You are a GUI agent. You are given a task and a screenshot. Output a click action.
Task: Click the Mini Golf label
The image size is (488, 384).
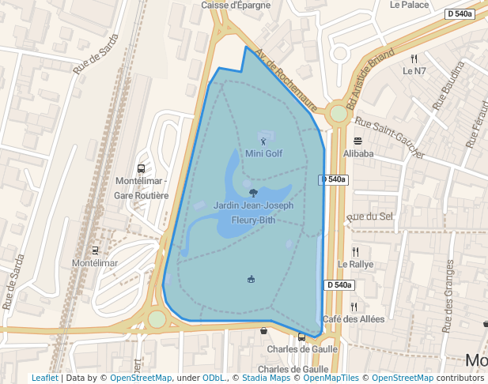pos(263,153)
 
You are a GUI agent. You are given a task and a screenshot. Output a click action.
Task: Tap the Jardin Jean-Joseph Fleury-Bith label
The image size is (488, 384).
pos(253,213)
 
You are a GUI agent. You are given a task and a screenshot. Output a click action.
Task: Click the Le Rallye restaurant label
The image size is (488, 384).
pos(355,264)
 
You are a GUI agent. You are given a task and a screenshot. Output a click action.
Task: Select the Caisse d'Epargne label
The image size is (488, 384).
pos(236,5)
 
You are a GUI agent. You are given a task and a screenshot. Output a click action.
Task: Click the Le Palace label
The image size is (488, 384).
pos(409,5)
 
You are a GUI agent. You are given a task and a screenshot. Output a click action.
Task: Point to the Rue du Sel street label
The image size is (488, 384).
pos(369,216)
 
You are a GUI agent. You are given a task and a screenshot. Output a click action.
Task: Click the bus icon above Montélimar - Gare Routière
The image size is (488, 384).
pos(141,168)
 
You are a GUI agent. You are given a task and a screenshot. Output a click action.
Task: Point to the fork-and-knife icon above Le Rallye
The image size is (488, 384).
pos(355,252)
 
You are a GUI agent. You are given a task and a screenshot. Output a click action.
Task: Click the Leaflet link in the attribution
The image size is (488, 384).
pos(44,378)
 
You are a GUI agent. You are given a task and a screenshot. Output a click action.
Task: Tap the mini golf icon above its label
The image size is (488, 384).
pos(263,141)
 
